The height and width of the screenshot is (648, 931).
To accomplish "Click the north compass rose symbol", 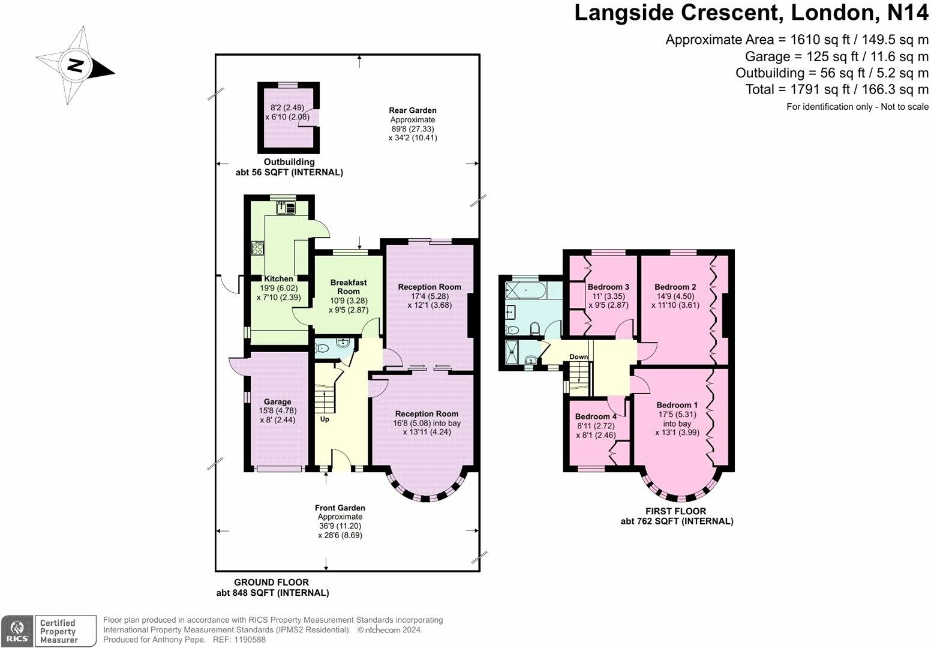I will point(75,65).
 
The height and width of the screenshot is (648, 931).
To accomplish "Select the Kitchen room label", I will point(279,278).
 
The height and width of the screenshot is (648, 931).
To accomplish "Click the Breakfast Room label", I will point(349,287).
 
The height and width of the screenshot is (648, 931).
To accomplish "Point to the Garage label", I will point(277,402).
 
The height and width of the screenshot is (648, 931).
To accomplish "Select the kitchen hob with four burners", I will point(258,248).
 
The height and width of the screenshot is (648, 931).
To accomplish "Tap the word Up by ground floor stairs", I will point(325,419).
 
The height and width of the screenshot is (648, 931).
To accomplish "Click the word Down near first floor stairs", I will point(579,357).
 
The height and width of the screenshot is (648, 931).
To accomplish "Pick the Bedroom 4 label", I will point(596,416).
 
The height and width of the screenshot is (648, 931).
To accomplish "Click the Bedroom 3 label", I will point(608,287).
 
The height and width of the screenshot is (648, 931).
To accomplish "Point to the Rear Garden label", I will point(413,110).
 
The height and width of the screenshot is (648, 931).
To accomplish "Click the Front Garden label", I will point(340,508).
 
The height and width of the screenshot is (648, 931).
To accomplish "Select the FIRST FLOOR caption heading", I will point(676,511).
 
